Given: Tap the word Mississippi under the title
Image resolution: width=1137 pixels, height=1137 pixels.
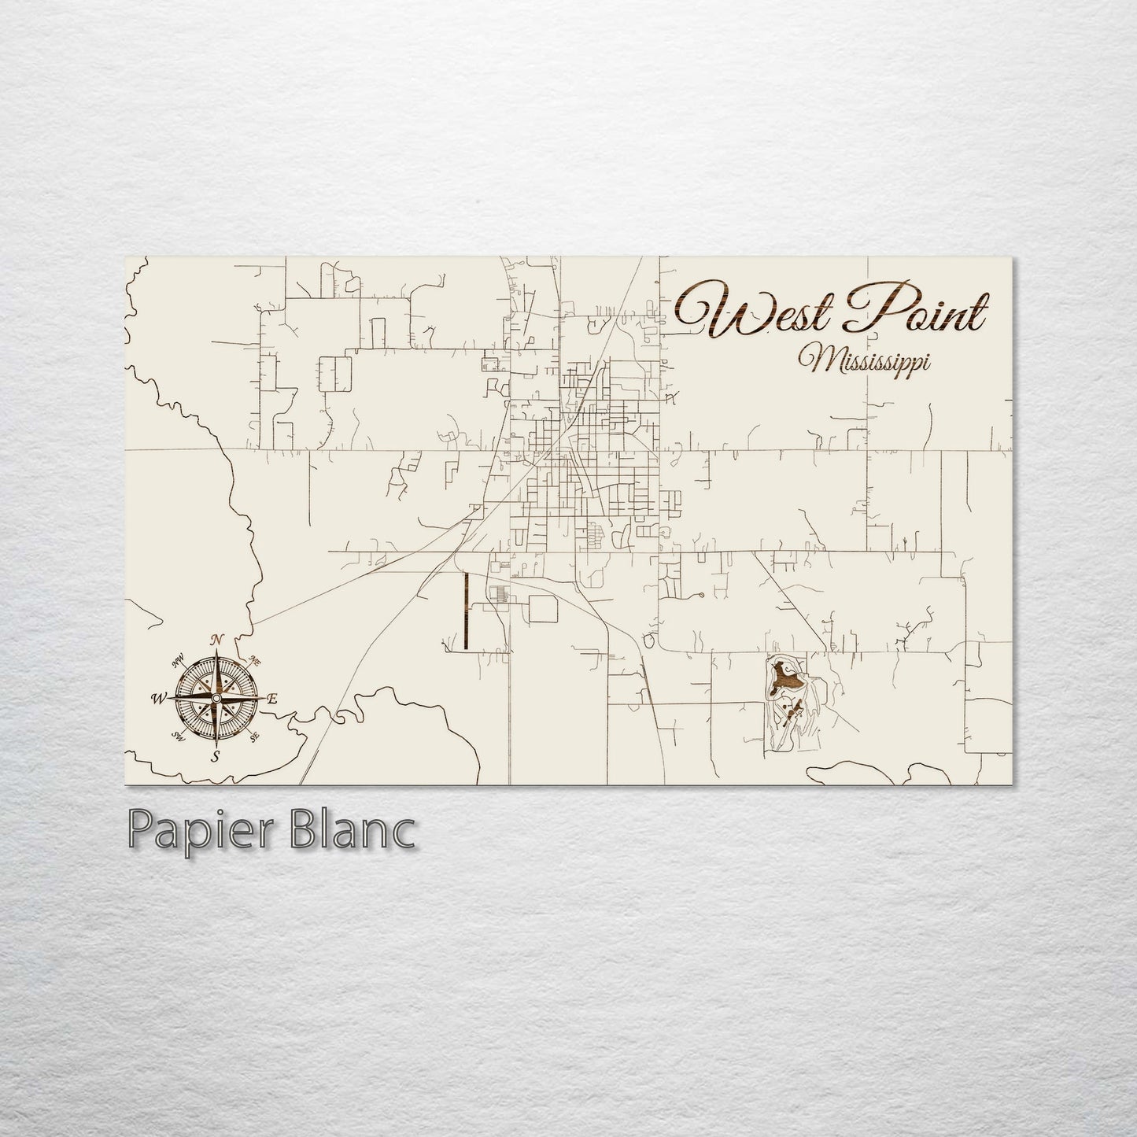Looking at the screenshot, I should click(x=864, y=363).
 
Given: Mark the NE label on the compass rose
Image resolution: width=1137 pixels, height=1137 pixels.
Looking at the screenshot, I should click(x=255, y=659).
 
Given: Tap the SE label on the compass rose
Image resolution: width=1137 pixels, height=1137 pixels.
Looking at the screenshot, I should click(x=253, y=737).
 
